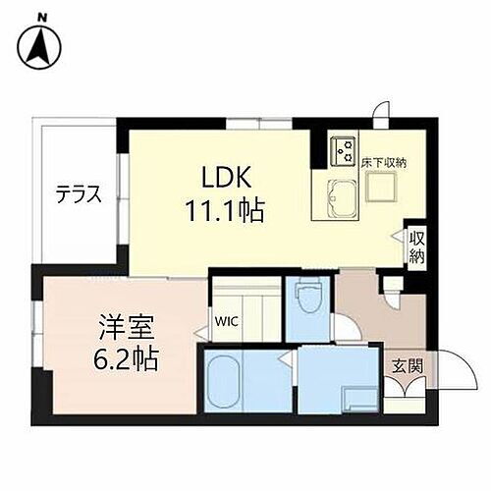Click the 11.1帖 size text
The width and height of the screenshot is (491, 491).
tap(225, 211)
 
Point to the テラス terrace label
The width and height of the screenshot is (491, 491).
tap(79, 192)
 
